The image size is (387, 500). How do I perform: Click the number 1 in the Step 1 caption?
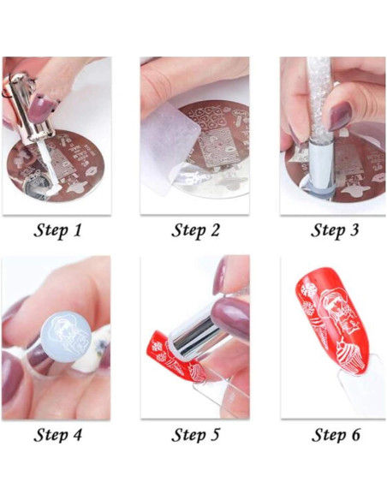[x=76, y=230]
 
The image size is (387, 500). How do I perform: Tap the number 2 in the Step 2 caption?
[x=215, y=230]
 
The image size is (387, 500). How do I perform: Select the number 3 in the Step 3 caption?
[x=354, y=230]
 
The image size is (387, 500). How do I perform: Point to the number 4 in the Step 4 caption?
[x=76, y=435]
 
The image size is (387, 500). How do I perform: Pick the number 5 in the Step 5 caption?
[x=215, y=435]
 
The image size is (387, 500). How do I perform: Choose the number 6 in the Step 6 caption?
[x=354, y=435]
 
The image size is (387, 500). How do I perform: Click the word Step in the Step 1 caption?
[x=51, y=231]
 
